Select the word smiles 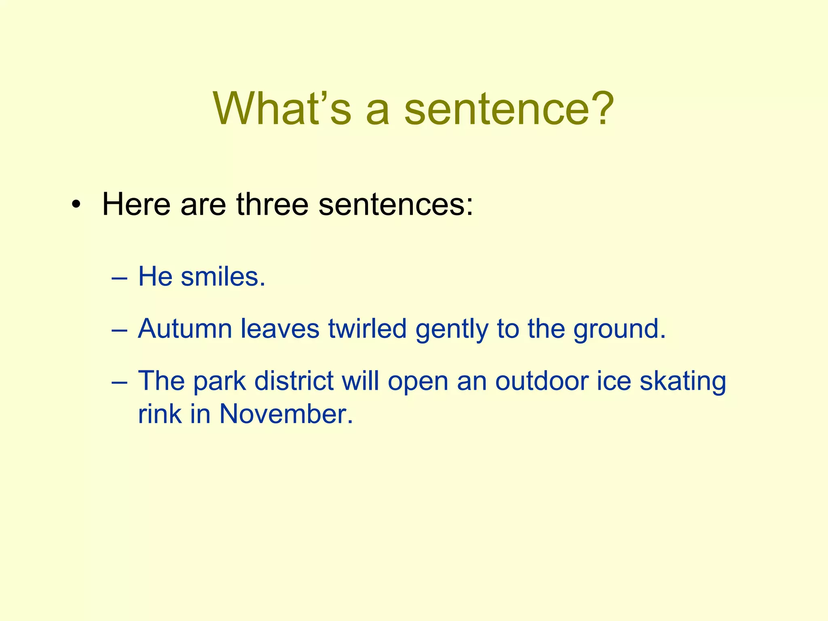click(222, 277)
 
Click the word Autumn click(185, 329)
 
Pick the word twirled click(367, 329)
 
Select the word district click(294, 381)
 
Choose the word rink click(160, 414)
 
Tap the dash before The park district click(119, 382)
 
